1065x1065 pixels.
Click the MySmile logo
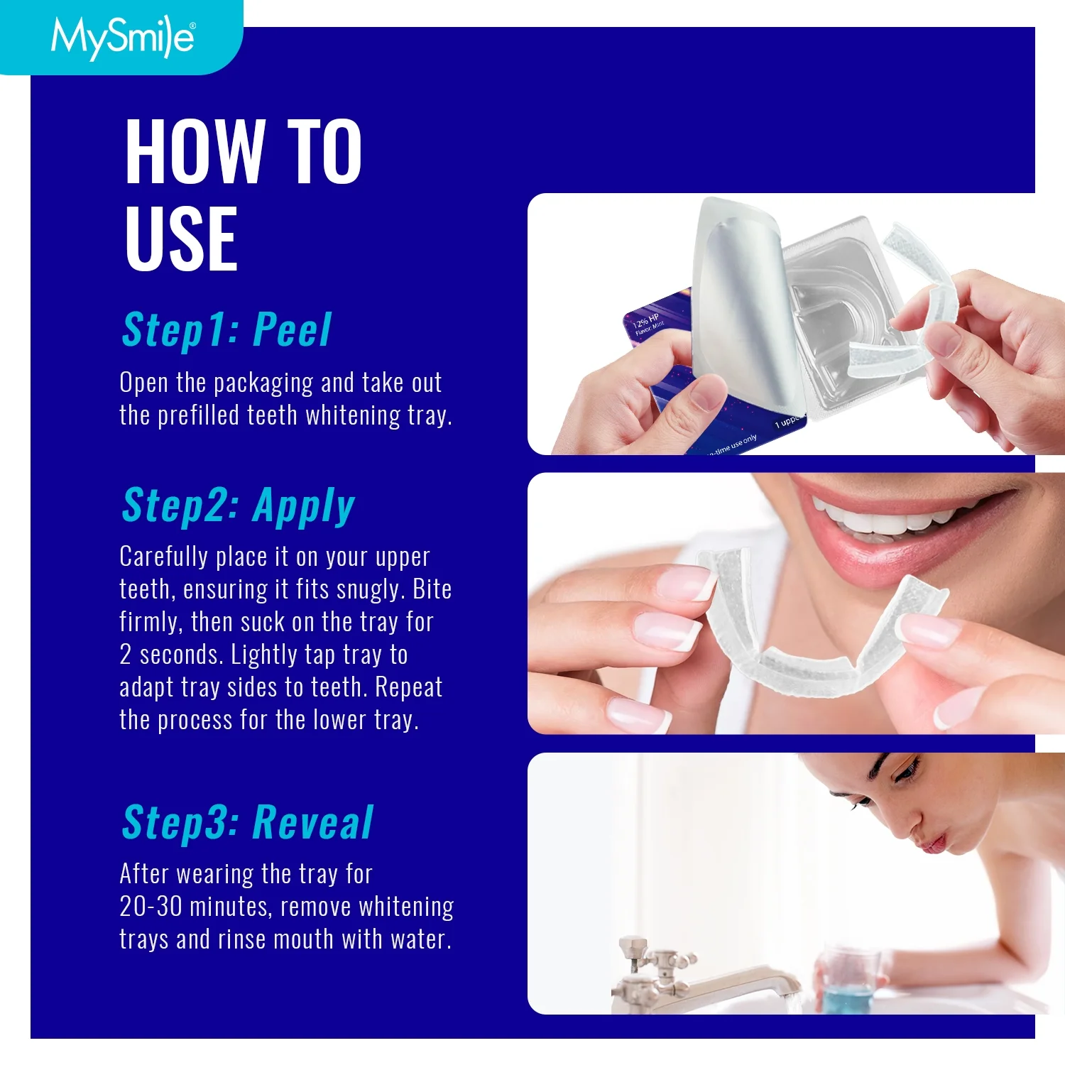122,37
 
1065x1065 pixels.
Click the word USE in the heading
181,239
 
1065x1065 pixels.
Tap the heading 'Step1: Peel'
226,330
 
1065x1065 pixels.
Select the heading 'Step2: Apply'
238,506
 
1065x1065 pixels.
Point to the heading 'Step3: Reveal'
247,822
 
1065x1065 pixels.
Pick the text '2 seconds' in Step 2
172,655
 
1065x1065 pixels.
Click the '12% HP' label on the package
646,321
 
